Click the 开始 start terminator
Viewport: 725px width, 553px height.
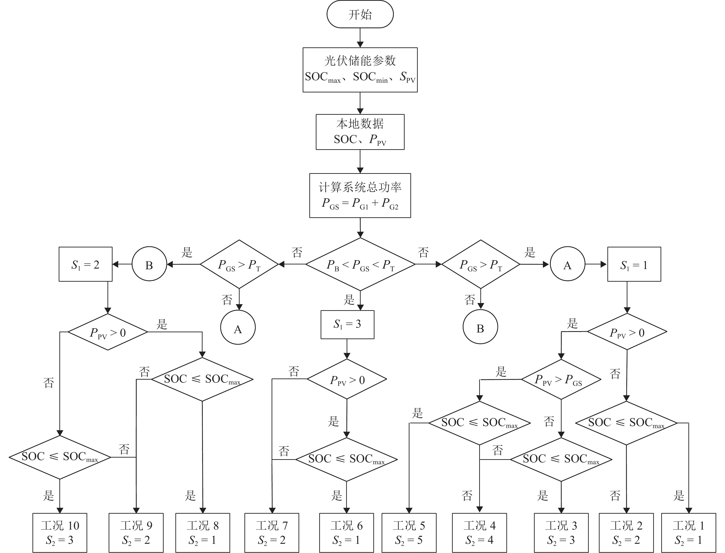point(360,14)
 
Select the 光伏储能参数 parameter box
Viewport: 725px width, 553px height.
point(360,70)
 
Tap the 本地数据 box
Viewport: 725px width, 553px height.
point(360,132)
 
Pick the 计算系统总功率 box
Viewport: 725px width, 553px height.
point(360,195)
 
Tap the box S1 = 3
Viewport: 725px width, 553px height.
point(347,325)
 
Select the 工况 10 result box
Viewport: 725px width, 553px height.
point(60,533)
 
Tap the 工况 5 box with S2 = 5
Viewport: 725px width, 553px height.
point(409,533)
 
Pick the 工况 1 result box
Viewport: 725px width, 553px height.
point(688,533)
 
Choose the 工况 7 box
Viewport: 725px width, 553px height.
point(272,533)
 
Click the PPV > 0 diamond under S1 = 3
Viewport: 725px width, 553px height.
point(347,379)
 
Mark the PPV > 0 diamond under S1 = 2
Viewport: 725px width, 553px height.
point(108,332)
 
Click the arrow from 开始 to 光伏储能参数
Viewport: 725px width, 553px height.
point(360,38)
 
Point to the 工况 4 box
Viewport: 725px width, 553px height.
point(479,533)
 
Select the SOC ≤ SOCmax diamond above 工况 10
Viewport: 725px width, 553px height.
point(60,457)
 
